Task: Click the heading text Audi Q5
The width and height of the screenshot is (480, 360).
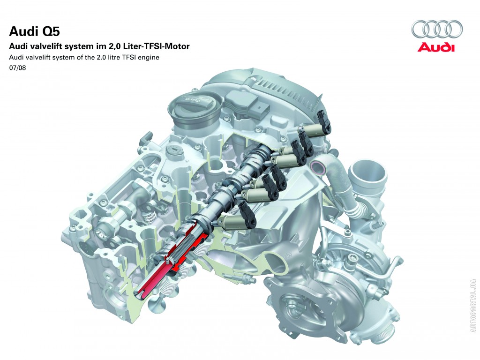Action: pyautogui.click(x=35, y=31)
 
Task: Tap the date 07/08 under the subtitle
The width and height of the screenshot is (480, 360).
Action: pyautogui.click(x=17, y=68)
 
